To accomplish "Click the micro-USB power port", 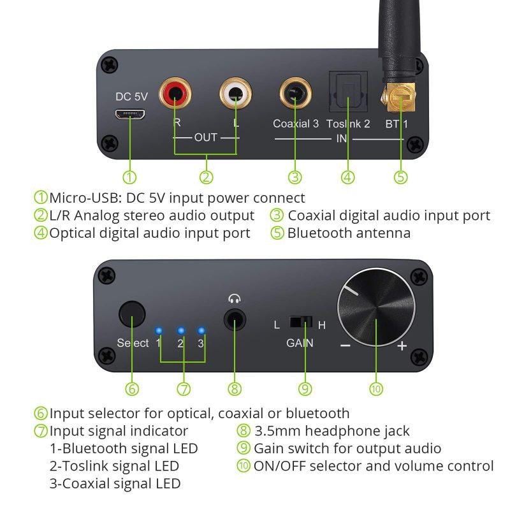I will pos(130,115).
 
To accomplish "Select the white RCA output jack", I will pos(235,94).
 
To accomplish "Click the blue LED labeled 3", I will pos(202,331).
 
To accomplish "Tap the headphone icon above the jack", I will pos(235,297).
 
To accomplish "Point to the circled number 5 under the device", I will pos(400,177).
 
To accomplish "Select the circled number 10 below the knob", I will pos(376,388).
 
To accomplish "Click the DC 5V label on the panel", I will pos(131,97).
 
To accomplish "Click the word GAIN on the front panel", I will pos(300,343).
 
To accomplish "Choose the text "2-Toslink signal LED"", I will pos(114,466).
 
